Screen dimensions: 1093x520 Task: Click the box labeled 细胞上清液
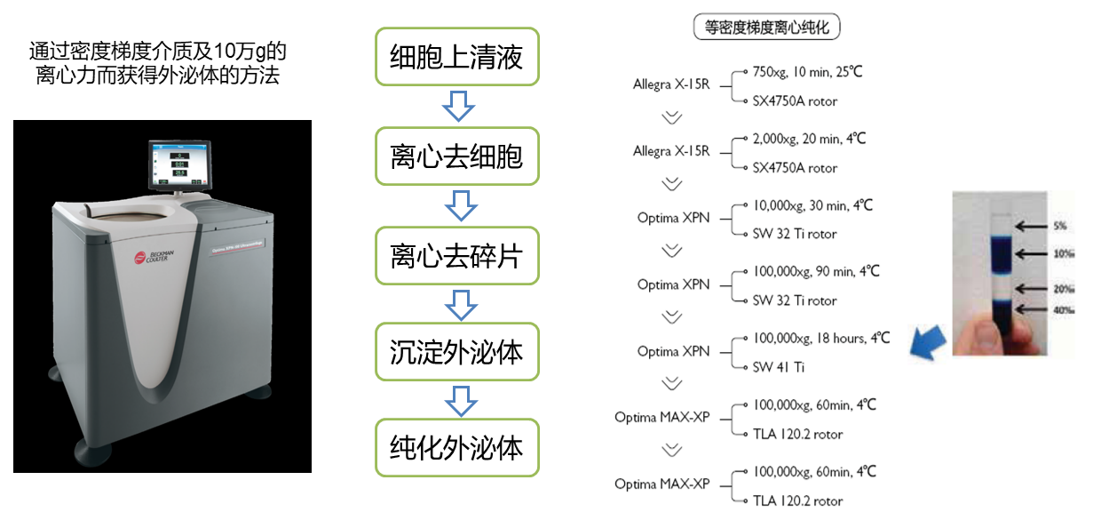tap(456, 57)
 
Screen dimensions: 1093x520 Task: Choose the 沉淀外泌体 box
tap(456, 352)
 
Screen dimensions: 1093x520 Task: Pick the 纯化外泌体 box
tap(456, 447)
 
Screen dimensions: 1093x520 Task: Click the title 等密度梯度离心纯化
tap(766, 28)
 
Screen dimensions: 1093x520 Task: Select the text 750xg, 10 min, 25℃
tap(808, 72)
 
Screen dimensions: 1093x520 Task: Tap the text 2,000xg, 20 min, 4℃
tap(809, 139)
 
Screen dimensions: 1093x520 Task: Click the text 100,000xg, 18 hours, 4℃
tap(820, 338)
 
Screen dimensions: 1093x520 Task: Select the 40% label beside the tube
tap(1061, 309)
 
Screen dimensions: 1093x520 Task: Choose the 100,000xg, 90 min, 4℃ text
tap(815, 271)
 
